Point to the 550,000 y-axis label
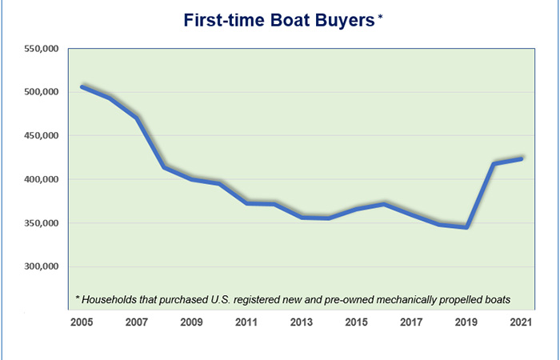(x=42, y=49)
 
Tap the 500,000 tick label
(x=42, y=92)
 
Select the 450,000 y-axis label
(x=42, y=136)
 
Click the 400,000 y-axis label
(x=42, y=179)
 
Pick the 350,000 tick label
(x=42, y=223)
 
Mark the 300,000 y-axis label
(x=42, y=266)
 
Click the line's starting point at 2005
(x=82, y=86)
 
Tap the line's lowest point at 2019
(x=466, y=227)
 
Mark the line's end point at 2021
(x=521, y=158)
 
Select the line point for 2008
(x=165, y=167)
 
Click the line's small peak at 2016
(x=384, y=204)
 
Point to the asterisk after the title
(x=380, y=19)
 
